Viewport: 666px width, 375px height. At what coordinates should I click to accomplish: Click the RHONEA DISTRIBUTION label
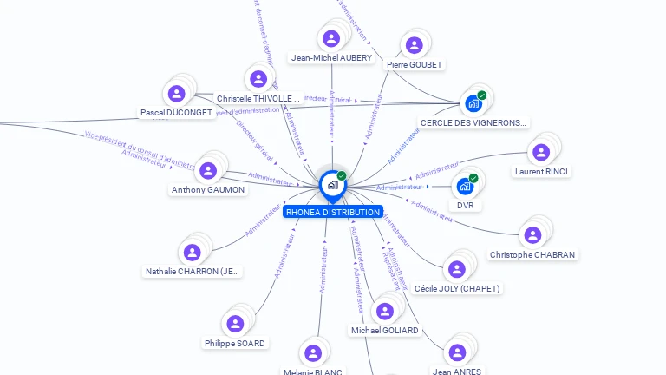click(333, 212)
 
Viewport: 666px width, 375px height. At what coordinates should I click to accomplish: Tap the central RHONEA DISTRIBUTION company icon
click(332, 184)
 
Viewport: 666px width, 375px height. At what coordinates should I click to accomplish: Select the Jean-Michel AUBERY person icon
click(330, 38)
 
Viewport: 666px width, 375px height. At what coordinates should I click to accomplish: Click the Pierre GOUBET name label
click(415, 65)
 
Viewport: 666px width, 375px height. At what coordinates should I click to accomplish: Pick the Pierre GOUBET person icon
click(415, 44)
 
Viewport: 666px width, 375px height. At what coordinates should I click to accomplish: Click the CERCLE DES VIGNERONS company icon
click(473, 103)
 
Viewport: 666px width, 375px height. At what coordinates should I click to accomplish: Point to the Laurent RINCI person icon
click(541, 152)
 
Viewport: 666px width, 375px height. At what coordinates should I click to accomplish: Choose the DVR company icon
click(466, 186)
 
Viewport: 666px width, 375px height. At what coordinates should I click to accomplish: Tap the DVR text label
click(466, 206)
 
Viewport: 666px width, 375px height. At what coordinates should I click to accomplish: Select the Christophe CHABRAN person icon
click(532, 234)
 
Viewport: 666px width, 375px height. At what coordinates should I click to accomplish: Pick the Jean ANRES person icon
click(457, 352)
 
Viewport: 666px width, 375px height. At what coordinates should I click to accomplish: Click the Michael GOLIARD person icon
click(384, 311)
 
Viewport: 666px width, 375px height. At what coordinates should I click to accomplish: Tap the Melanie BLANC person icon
click(313, 352)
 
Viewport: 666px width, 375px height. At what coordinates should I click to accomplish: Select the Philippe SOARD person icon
click(235, 324)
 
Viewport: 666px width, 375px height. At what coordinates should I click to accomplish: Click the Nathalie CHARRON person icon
click(193, 252)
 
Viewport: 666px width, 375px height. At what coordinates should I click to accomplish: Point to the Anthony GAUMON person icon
click(208, 170)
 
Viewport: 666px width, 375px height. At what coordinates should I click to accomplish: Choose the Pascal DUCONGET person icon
click(177, 93)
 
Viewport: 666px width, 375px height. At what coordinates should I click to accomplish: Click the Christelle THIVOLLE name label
click(258, 99)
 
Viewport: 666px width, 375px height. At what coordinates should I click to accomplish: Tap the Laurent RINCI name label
click(541, 172)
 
